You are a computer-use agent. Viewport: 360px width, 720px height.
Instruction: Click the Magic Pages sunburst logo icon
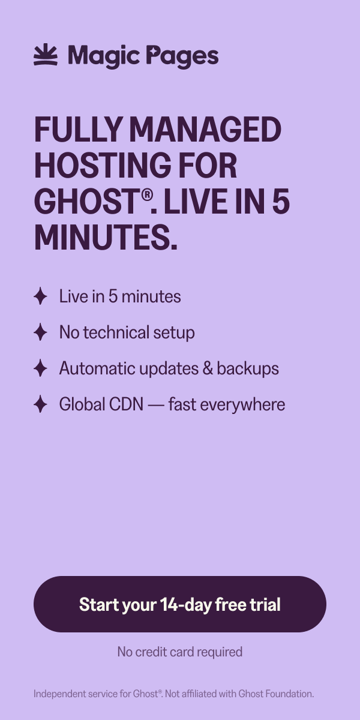[x=46, y=55]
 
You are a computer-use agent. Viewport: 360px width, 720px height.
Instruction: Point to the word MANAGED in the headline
[x=205, y=129]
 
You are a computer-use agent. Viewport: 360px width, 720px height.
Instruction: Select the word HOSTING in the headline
[x=103, y=165]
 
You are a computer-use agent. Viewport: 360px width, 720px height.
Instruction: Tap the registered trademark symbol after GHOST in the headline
[x=146, y=195]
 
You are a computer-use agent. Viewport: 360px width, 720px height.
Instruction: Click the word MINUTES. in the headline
[x=106, y=238]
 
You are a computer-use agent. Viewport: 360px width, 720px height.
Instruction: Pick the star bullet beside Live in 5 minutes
[x=41, y=296]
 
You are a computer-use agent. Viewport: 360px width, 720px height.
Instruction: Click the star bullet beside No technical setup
[x=41, y=332]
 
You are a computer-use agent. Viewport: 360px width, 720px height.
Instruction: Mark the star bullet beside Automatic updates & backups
[x=41, y=368]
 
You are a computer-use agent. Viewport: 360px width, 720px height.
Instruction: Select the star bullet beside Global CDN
[x=41, y=404]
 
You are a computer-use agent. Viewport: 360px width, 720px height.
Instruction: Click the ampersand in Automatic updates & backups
[x=208, y=368]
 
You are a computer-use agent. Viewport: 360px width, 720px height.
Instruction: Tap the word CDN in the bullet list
[x=127, y=404]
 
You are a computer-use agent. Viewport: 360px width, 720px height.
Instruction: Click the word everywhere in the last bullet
[x=242, y=404]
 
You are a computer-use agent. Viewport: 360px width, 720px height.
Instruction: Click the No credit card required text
[x=180, y=652]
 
